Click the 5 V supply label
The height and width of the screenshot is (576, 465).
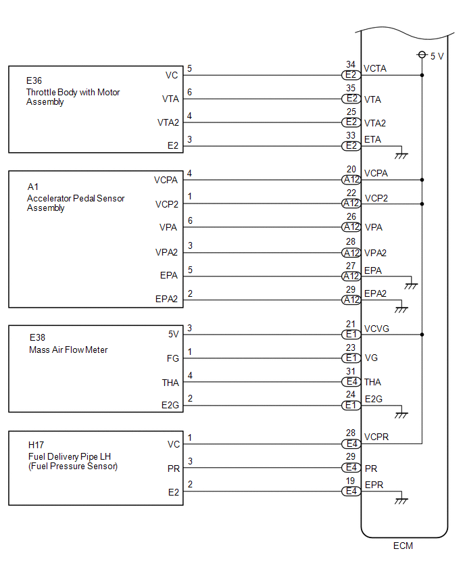pyautogui.click(x=437, y=56)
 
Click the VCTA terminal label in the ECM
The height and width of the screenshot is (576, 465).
pyautogui.click(x=375, y=69)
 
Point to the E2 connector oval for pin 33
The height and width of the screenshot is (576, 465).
pyautogui.click(x=351, y=145)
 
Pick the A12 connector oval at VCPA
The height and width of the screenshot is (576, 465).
pyautogui.click(x=351, y=180)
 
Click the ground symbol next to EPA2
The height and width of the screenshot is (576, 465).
pyautogui.click(x=401, y=310)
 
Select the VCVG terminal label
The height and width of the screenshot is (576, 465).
pyautogui.click(x=377, y=329)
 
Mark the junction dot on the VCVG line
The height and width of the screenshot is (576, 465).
pyautogui.click(x=422, y=335)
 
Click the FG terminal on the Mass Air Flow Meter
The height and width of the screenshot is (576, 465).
pyautogui.click(x=174, y=358)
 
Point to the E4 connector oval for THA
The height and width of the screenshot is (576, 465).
pyautogui.click(x=351, y=382)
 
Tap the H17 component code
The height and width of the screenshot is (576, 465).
pyautogui.click(x=36, y=445)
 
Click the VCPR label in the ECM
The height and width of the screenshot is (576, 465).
pyautogui.click(x=376, y=437)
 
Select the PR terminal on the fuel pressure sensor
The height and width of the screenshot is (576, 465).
pyautogui.click(x=174, y=467)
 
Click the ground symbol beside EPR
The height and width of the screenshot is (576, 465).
pyautogui.click(x=401, y=501)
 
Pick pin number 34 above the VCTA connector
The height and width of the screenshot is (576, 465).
pyautogui.click(x=351, y=65)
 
